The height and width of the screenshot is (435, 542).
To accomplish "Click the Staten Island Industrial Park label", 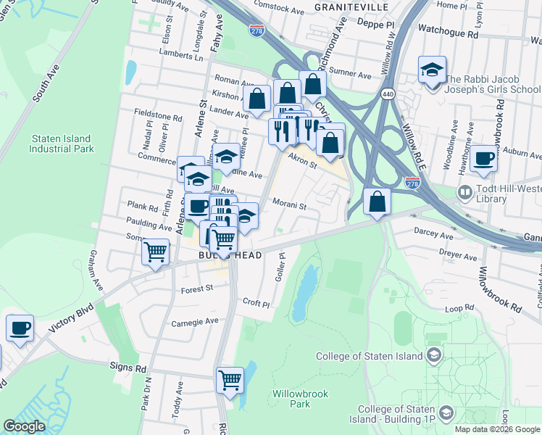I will pyautogui.click(x=62, y=144).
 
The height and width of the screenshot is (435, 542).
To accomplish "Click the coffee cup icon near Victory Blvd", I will pyautogui.click(x=20, y=328).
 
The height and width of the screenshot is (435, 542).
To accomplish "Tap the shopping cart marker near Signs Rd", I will pyautogui.click(x=230, y=380).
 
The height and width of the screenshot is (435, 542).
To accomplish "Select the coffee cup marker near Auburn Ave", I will pyautogui.click(x=483, y=158).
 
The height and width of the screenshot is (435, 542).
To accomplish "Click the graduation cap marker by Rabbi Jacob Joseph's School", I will pyautogui.click(x=432, y=71).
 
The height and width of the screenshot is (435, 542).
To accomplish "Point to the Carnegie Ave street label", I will pyautogui.click(x=194, y=321).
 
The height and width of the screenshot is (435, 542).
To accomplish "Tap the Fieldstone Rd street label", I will pyautogui.click(x=157, y=116).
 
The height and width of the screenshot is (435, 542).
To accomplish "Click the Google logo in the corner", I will pyautogui.click(x=25, y=426).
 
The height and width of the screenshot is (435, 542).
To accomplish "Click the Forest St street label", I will pyautogui.click(x=196, y=288).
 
